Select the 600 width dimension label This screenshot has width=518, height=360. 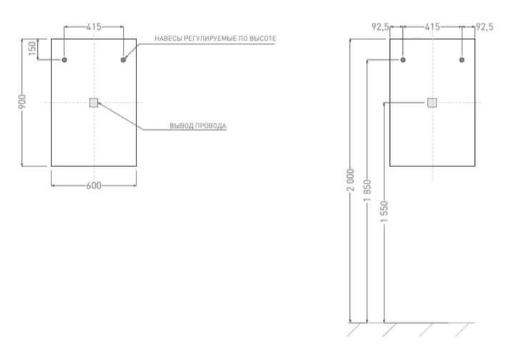(x=93, y=185)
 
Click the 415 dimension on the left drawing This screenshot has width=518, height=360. (x=94, y=26)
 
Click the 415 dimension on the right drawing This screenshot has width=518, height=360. (x=432, y=26)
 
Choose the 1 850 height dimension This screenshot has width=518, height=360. (x=367, y=192)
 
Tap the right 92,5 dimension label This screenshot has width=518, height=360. (x=484, y=26)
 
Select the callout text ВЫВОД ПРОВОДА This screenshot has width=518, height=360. (x=198, y=126)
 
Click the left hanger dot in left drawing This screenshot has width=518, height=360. (x=64, y=60)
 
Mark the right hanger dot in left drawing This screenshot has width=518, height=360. (x=124, y=60)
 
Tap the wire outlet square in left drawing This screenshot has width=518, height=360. (x=94, y=102)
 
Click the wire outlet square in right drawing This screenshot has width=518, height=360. (x=432, y=102)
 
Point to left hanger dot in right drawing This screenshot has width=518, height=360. (x=402, y=60)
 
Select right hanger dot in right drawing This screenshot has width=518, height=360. (x=462, y=60)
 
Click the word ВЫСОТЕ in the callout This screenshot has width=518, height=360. (x=262, y=38)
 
